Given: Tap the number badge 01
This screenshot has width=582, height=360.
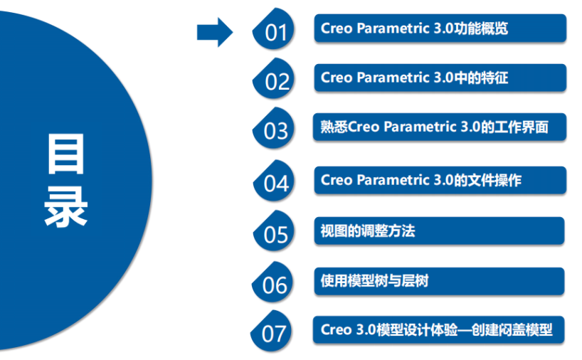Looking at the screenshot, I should coord(275,32).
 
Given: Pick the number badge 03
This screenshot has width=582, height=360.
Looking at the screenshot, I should coord(275,131).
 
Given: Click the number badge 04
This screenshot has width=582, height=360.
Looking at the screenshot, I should coord(275,183).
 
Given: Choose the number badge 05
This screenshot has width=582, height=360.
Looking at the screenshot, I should coord(275,234).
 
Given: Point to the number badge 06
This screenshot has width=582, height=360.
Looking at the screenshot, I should coord(274,285).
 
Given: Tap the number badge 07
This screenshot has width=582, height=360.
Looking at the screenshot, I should coord(273,333).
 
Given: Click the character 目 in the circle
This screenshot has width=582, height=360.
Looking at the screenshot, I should coord(65,154).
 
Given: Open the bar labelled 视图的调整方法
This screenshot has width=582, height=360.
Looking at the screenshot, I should coord(439,231).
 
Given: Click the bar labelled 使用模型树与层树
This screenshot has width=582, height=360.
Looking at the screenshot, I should coord(439,281).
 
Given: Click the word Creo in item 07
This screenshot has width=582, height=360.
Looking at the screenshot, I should coord(336,330).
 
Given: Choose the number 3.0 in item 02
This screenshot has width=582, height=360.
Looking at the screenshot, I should coord(443,78).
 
